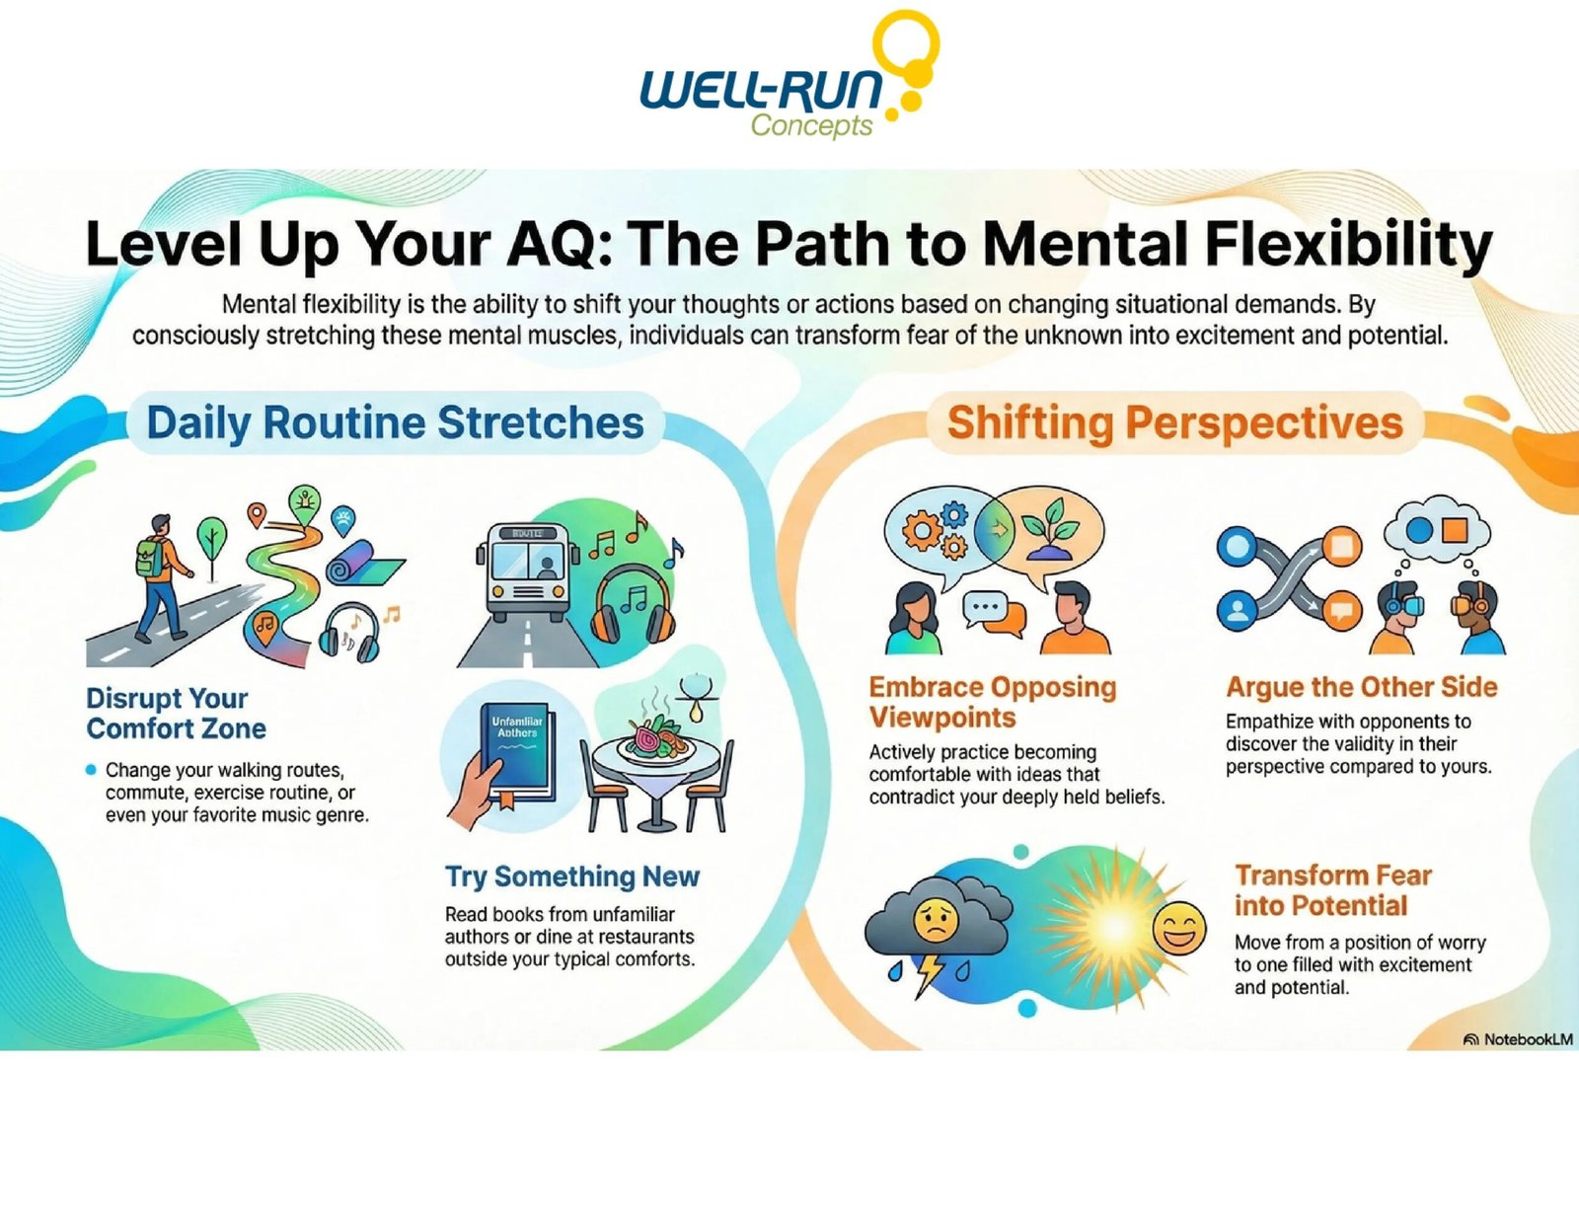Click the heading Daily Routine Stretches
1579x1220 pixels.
click(x=395, y=422)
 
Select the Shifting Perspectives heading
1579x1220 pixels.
click(x=1174, y=422)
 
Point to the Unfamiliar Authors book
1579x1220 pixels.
click(x=517, y=750)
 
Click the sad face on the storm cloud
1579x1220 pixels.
click(x=935, y=921)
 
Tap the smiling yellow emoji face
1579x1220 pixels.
click(x=1179, y=928)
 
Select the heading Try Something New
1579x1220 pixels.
click(x=571, y=877)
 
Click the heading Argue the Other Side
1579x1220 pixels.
click(x=1361, y=687)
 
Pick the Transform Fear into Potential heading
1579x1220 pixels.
click(x=1332, y=890)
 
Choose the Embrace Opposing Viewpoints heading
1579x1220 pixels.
click(x=992, y=702)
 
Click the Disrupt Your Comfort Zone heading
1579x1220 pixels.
click(x=176, y=714)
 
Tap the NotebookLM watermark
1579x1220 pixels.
click(x=1518, y=1039)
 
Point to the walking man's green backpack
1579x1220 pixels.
click(x=149, y=559)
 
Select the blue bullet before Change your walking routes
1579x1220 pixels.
click(x=92, y=770)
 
